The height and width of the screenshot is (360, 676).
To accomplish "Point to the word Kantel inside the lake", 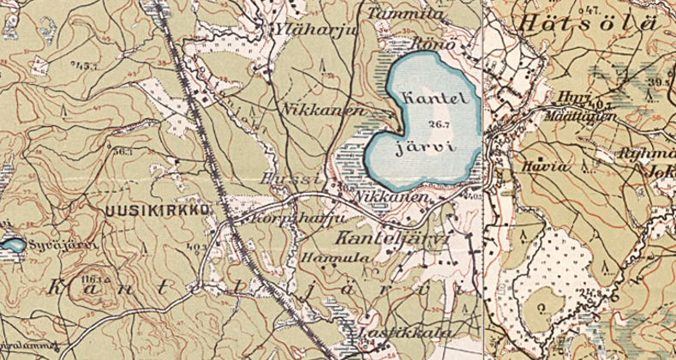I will coord(436,98).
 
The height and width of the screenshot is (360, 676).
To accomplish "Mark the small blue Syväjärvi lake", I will coord(11,246).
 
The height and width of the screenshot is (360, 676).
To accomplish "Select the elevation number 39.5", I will coord(660,81).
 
